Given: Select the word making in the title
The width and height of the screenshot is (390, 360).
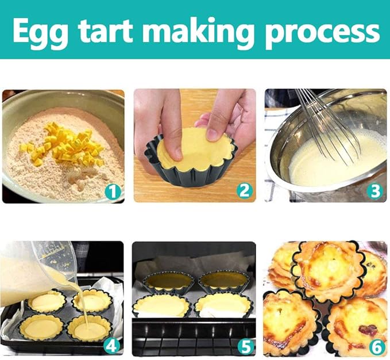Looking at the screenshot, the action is [198, 32].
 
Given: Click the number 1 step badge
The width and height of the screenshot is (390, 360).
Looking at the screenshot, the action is [113, 192].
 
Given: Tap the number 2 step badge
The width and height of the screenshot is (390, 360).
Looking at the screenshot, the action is [244, 191].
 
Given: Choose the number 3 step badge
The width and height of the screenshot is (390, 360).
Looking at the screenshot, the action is [375, 191].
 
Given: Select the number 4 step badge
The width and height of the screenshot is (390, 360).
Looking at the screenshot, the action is [111, 346].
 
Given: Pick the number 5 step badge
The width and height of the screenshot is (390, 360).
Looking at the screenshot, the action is [246, 347].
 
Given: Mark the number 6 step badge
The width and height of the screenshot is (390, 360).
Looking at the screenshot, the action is [377, 347].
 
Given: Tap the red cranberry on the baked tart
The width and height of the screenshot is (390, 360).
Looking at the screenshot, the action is [368, 330].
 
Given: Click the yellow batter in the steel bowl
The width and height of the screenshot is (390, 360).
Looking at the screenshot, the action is [336, 159].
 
